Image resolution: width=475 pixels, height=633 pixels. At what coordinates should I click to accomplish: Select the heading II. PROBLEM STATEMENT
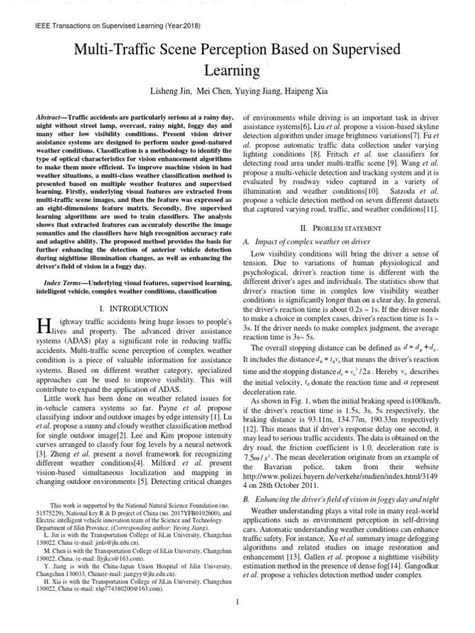[x=341, y=227]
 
